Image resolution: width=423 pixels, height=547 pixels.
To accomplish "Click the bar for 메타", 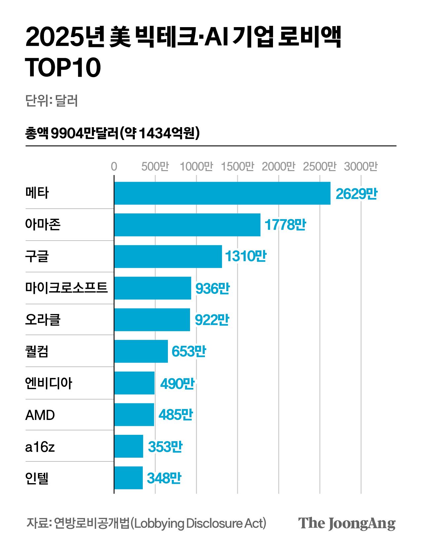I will click(x=222, y=193).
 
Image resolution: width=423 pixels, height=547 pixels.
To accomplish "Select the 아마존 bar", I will click(x=187, y=225).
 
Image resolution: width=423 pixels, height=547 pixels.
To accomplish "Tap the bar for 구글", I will click(x=168, y=256).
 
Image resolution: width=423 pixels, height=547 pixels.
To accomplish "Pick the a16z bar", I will click(x=129, y=446).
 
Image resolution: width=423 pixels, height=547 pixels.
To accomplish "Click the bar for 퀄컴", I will click(x=141, y=351).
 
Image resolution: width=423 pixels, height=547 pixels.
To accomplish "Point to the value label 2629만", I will click(x=356, y=194).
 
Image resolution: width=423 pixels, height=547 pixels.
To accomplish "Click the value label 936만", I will click(x=212, y=289).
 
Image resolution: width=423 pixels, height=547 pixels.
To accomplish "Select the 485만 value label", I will click(x=176, y=415).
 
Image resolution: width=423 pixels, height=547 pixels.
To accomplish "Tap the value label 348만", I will click(x=164, y=478).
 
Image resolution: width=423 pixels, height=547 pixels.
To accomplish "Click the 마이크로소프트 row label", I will click(x=66, y=288).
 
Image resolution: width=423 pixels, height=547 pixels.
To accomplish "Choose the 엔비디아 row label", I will click(x=49, y=383).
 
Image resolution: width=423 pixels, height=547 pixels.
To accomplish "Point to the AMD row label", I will click(x=40, y=415).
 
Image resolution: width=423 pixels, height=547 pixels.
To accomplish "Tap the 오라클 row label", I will click(x=43, y=320).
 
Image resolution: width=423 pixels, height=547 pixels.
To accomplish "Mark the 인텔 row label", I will click(x=37, y=478).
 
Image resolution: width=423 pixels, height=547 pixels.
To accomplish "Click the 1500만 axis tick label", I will click(x=237, y=166).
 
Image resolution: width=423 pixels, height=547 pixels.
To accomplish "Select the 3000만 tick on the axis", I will click(x=361, y=166).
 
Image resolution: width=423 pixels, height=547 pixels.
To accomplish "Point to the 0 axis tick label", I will click(x=114, y=166).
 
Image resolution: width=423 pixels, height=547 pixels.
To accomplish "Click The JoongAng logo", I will click(x=347, y=524).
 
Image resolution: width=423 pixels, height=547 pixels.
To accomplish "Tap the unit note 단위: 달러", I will click(x=52, y=101).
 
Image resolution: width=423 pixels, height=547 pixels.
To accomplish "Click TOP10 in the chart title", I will click(x=63, y=68).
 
